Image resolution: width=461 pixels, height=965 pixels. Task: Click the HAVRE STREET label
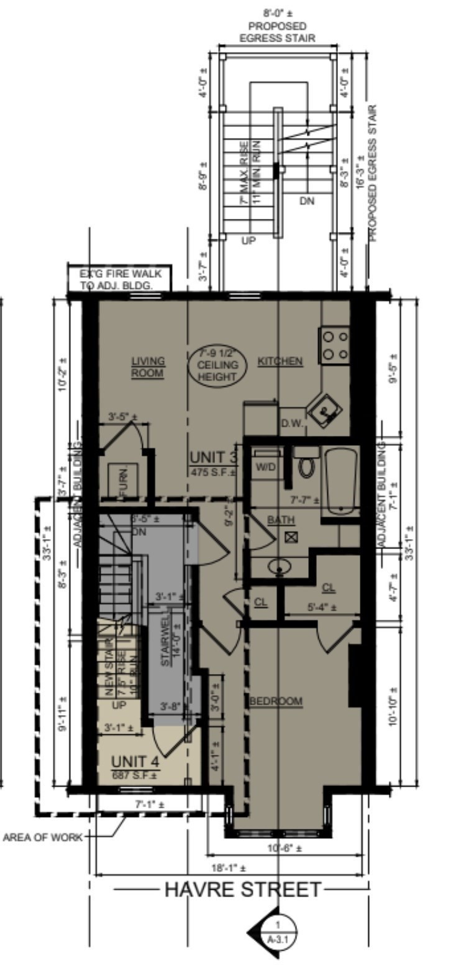243,890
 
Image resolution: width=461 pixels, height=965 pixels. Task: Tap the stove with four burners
334,346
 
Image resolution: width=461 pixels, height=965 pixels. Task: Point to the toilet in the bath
306,465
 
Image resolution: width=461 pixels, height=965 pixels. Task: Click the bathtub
340,482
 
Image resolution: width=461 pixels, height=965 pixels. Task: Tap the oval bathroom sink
280,566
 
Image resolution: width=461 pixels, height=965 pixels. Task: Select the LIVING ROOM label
148,367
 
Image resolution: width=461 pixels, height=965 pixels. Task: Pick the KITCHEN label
280,361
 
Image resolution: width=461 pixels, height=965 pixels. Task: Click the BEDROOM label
276,701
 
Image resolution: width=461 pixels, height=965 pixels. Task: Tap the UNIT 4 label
134,762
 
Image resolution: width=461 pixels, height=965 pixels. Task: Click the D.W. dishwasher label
292,424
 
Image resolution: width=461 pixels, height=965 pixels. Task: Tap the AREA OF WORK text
42,837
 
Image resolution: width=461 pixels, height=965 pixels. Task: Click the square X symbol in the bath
291,537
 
